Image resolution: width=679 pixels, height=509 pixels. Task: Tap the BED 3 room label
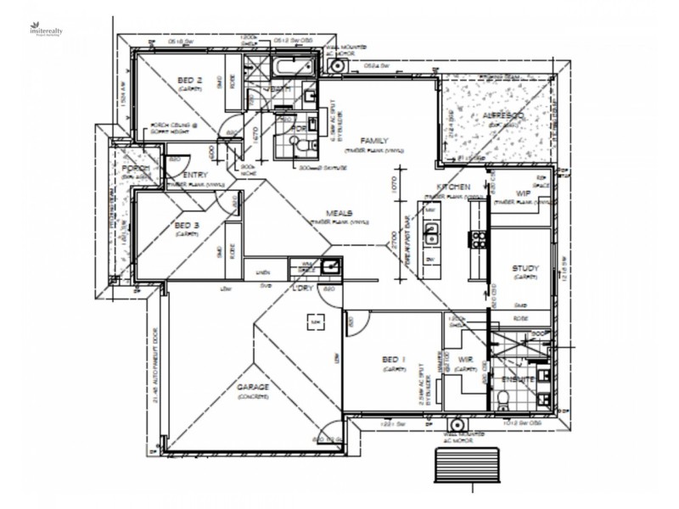click(x=186, y=225)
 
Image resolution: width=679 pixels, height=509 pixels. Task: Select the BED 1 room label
click(x=392, y=361)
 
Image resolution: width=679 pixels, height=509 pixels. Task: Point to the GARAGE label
click(x=253, y=388)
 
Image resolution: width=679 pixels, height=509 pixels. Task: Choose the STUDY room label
click(x=525, y=269)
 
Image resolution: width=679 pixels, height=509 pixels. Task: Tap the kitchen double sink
click(x=430, y=230)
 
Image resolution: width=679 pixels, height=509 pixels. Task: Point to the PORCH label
click(x=134, y=171)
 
